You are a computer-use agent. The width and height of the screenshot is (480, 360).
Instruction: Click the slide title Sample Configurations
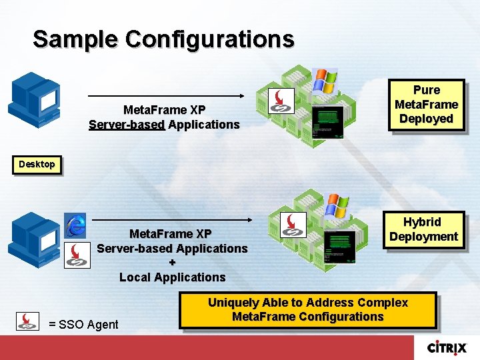(x=163, y=39)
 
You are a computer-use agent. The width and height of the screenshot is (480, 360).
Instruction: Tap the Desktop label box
(x=37, y=164)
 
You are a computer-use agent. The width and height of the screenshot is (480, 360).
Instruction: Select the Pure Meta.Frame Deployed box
(x=426, y=105)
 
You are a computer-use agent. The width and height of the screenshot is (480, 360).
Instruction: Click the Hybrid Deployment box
(x=423, y=230)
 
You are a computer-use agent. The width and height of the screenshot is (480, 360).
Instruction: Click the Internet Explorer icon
(x=75, y=225)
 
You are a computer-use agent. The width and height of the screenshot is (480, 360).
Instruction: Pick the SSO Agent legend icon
(x=27, y=322)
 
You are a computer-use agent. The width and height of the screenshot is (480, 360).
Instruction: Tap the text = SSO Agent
(x=83, y=325)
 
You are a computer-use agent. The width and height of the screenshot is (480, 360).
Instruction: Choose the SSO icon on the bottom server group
(x=293, y=225)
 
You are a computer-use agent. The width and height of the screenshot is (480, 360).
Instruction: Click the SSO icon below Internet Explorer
(x=77, y=255)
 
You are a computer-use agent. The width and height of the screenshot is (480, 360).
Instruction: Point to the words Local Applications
(x=172, y=277)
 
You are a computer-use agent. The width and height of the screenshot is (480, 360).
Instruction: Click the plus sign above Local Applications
(x=172, y=263)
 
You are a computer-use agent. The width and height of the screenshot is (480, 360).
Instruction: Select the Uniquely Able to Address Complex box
(x=307, y=310)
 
